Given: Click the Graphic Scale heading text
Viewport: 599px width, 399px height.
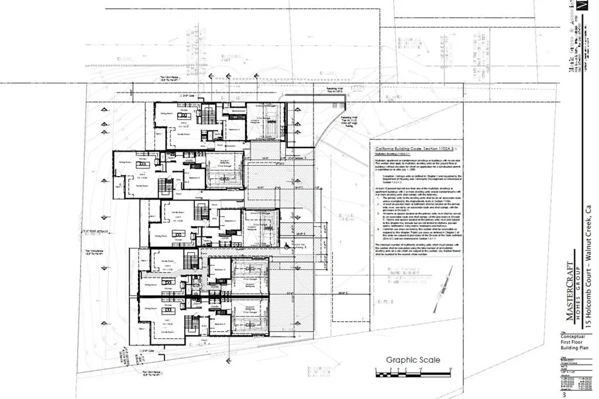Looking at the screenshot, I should click(x=412, y=360).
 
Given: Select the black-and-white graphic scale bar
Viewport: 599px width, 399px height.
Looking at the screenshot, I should click(x=412, y=371).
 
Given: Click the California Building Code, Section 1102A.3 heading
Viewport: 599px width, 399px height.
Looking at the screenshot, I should click(x=412, y=150).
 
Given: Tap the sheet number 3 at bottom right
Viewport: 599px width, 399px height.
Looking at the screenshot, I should click(x=564, y=395).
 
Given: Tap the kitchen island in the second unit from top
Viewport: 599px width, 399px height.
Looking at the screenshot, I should click(x=142, y=174).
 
